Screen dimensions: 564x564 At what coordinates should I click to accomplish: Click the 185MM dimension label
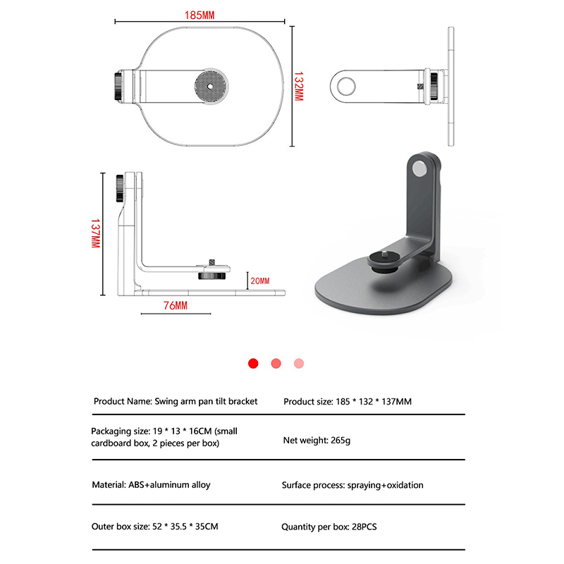pyautogui.click(x=200, y=15)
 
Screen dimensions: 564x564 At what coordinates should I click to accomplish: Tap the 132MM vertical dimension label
pyautogui.click(x=298, y=86)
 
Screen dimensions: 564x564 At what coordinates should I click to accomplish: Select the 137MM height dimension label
pyautogui.click(x=94, y=233)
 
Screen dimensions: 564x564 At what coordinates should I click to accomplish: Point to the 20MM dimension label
pyautogui.click(x=259, y=281)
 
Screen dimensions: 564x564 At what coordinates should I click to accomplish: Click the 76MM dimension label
pyautogui.click(x=175, y=305)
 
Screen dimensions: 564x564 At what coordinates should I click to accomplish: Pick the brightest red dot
pyautogui.click(x=254, y=363)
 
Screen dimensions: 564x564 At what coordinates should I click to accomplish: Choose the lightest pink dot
pyautogui.click(x=299, y=363)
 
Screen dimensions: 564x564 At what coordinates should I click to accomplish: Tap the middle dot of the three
pyautogui.click(x=276, y=363)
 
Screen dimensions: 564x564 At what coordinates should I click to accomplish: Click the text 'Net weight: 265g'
pyautogui.click(x=317, y=440)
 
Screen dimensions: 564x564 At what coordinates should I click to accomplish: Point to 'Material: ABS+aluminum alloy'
pyautogui.click(x=151, y=485)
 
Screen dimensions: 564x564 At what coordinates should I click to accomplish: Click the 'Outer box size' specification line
pyautogui.click(x=155, y=527)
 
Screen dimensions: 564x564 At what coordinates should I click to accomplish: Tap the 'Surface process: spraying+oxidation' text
pyautogui.click(x=352, y=485)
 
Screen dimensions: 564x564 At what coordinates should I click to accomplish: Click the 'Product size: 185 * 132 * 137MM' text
pyautogui.click(x=347, y=402)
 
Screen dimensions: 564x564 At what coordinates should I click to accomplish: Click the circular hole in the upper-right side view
pyautogui.click(x=346, y=87)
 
